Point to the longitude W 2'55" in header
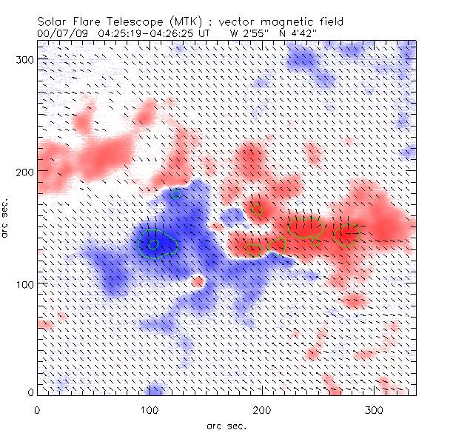[246, 33]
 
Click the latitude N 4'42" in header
[298, 33]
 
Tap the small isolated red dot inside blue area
[198, 281]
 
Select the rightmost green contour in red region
[348, 234]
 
